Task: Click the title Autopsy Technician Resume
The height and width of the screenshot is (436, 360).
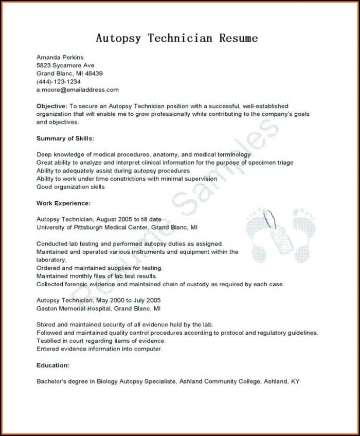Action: click(x=176, y=38)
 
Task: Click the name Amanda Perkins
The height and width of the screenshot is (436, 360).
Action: click(x=60, y=57)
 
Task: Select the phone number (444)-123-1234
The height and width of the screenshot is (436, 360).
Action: click(x=58, y=81)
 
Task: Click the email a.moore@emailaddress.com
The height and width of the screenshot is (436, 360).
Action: click(x=77, y=90)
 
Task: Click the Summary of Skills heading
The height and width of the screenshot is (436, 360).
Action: click(x=65, y=138)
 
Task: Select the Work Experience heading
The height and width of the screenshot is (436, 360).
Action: click(x=63, y=203)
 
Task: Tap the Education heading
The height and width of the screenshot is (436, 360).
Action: click(x=52, y=365)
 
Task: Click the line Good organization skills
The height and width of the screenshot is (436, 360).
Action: click(x=70, y=187)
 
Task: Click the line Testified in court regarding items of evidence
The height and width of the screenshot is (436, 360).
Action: click(x=101, y=341)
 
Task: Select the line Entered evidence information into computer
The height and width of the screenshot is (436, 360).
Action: click(x=99, y=348)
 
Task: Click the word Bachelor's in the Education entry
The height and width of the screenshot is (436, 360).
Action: click(x=50, y=381)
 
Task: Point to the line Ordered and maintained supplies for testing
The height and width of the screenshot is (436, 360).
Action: click(x=99, y=268)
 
